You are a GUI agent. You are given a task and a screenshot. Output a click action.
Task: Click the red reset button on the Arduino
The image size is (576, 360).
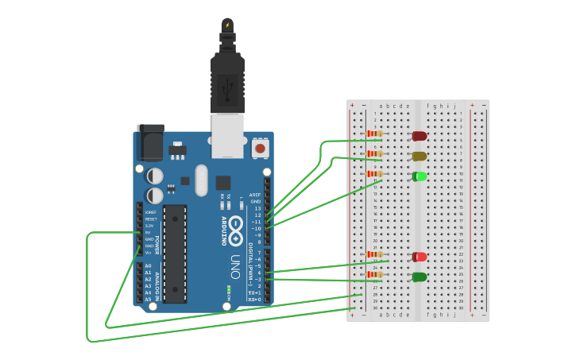pos(260,148)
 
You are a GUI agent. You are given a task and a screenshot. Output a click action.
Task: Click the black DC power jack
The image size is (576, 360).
pos(150,142)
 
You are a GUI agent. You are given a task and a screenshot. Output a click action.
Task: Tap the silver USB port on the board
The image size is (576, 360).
pos(227,135)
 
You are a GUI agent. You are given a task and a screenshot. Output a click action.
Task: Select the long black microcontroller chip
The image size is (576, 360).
pos(175,254)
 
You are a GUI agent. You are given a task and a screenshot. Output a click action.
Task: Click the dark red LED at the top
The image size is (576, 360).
pos(419,136)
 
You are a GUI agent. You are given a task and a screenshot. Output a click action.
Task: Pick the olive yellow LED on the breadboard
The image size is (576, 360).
pos(419,156)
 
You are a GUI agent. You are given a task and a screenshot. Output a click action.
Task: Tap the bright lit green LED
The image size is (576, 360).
pos(419,176)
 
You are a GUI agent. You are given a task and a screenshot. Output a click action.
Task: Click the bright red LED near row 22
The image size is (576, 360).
pos(419,257)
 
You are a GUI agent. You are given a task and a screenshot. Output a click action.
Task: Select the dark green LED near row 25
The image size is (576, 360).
pos(419,277)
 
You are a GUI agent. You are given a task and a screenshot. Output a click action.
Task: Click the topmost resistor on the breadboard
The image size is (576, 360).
pos(374,134)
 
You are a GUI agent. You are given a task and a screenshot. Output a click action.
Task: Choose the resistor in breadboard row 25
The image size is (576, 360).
pos(374,274)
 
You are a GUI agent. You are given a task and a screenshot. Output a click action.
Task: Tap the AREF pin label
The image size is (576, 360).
pos(254,195)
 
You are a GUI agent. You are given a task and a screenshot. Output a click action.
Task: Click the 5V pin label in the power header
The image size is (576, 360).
pos(149,233)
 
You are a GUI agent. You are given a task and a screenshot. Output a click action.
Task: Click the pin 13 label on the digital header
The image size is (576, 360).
pos(257,208)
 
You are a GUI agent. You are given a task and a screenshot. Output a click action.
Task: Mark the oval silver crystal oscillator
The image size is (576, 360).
pos(201,180)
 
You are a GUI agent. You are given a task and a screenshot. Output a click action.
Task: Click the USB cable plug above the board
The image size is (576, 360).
pos(227,79)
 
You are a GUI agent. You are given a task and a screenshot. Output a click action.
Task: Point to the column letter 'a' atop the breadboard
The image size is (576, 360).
pos(381,106)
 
